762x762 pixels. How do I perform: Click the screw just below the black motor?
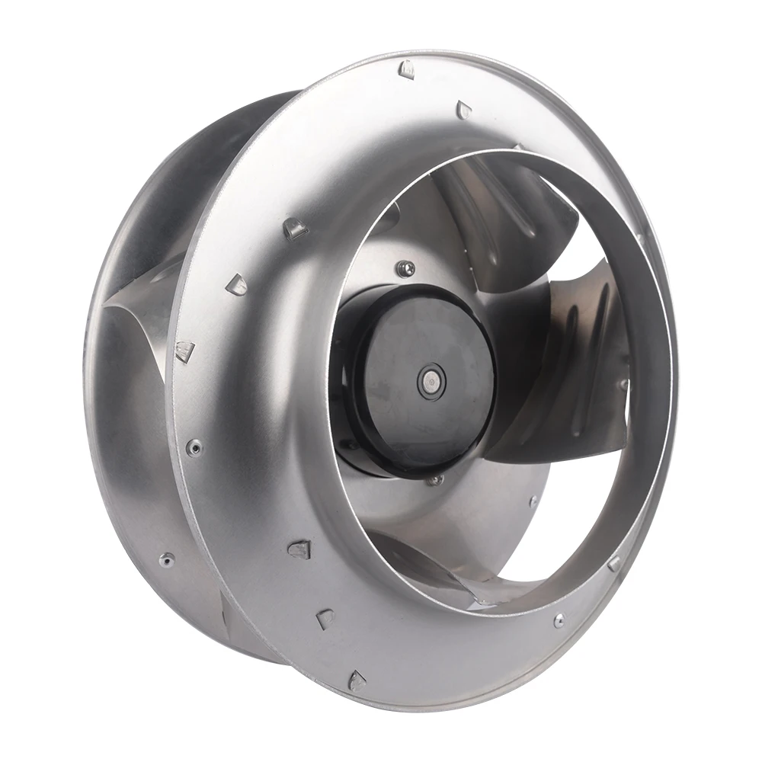pyautogui.click(x=435, y=480)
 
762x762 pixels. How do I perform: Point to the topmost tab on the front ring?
pyautogui.click(x=407, y=70)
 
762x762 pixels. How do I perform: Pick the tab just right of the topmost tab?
pyautogui.click(x=463, y=111)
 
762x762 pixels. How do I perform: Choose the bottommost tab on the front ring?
pyautogui.click(x=357, y=680)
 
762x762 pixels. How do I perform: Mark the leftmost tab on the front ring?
pyautogui.click(x=184, y=351)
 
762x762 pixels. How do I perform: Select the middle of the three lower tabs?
pyautogui.click(x=325, y=618)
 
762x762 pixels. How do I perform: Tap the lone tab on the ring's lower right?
pyautogui.click(x=614, y=563)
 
